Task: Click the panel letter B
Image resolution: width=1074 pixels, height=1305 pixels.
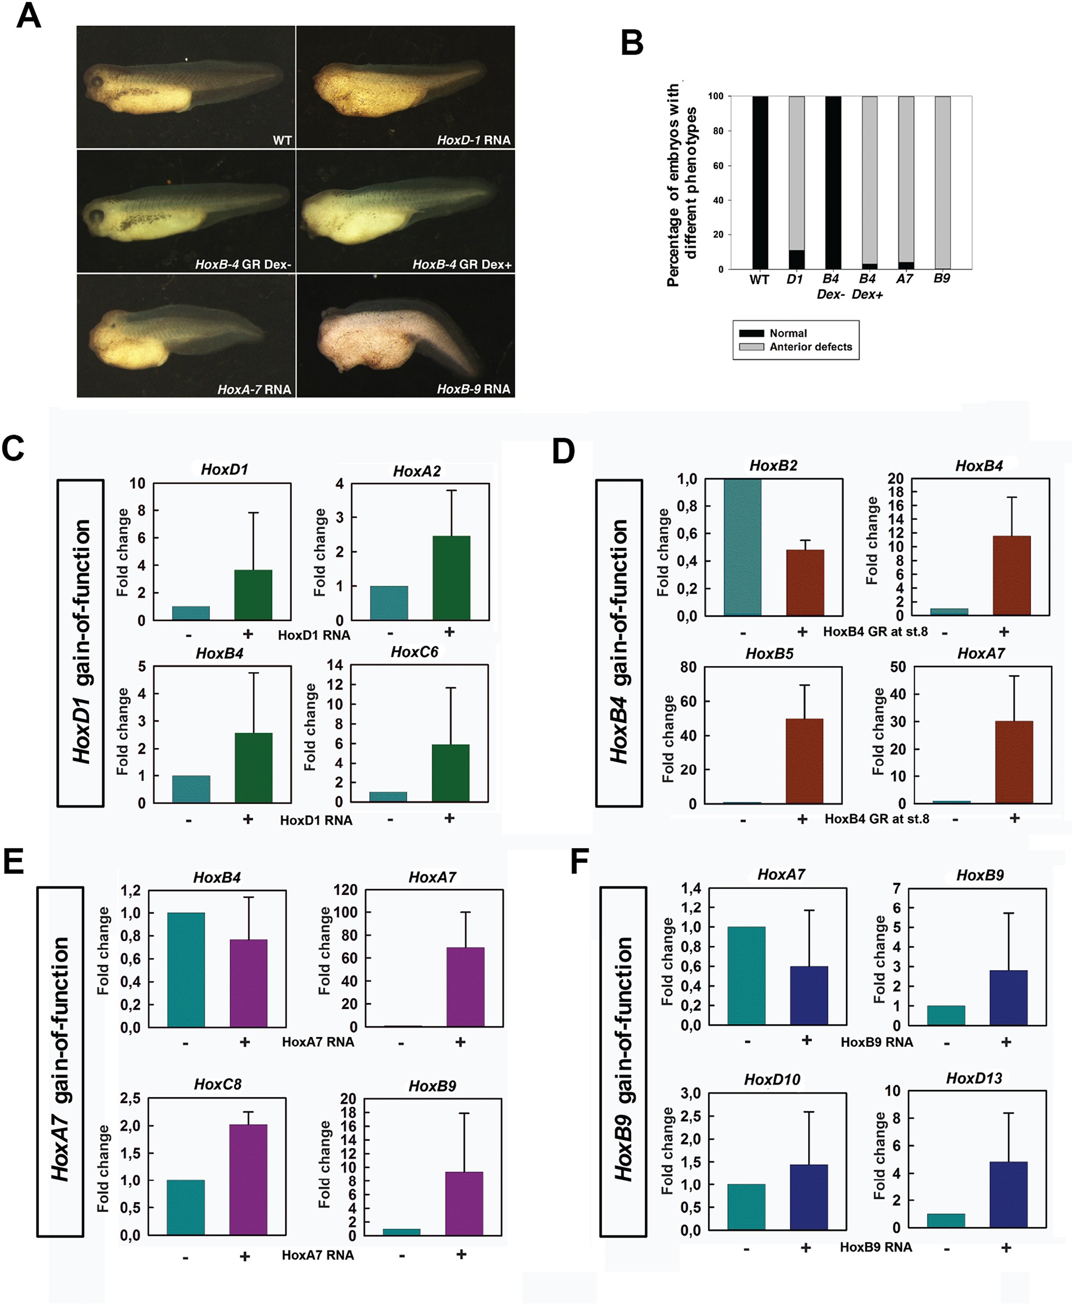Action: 632,43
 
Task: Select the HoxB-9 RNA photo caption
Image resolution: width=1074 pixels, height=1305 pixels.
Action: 473,389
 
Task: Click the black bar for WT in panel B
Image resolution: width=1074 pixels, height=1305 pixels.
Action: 760,183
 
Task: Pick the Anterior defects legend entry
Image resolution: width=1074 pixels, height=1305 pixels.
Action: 810,346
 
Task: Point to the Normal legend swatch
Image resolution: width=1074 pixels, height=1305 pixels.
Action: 751,333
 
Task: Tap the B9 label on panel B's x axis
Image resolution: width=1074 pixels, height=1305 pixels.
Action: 941,278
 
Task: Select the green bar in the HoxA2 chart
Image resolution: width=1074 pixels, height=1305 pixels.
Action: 451,578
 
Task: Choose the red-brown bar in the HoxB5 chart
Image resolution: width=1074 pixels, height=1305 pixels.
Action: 804,761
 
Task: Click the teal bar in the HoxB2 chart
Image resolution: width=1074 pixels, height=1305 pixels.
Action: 742,547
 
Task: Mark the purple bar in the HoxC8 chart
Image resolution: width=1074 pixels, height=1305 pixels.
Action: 248,1179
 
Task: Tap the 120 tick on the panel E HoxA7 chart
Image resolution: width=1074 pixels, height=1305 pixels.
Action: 345,890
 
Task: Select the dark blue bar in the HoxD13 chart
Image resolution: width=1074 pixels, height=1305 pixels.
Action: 1008,1194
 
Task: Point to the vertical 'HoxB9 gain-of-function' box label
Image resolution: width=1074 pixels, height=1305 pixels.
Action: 623,1062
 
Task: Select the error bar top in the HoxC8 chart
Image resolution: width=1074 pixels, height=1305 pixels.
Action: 248,1112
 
